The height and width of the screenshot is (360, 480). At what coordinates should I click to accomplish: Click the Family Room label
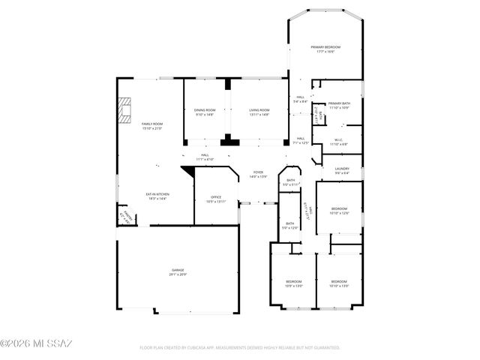click(152, 124)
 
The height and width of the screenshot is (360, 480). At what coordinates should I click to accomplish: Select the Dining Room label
click(205, 110)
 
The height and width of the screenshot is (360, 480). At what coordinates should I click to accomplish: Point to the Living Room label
click(259, 110)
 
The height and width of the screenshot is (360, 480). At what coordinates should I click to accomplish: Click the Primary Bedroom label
click(325, 47)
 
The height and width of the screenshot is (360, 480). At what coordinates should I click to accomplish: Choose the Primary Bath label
click(339, 103)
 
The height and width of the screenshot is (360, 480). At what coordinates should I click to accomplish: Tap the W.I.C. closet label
click(339, 139)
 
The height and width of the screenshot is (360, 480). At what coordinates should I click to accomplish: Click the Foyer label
click(258, 172)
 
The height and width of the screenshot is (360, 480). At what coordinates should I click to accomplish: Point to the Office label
click(215, 197)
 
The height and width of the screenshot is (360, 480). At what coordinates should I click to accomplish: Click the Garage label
click(178, 270)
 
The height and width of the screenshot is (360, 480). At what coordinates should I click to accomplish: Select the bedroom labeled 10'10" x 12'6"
click(339, 210)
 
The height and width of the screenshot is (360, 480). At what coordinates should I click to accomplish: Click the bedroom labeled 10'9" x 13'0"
click(293, 283)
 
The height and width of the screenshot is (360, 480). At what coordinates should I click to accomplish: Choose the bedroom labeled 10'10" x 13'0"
click(339, 283)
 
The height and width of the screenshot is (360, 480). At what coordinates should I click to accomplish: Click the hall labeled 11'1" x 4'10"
click(205, 157)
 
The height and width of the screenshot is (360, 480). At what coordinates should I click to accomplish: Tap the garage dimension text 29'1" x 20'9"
click(178, 274)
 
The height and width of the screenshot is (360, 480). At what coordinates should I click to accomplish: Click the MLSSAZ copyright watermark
click(36, 344)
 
